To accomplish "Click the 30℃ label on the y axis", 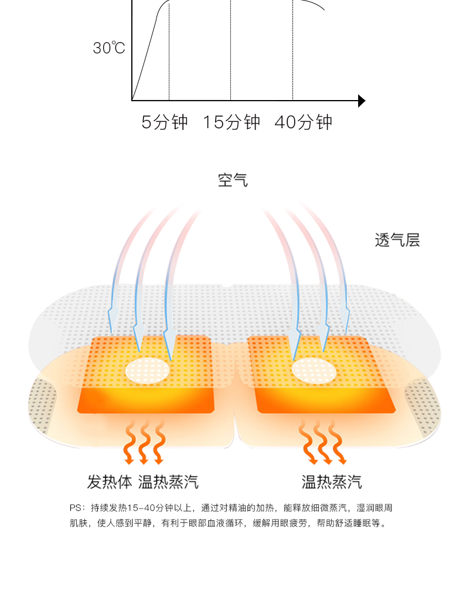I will (109, 48).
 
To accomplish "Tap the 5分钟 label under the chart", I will (165, 122).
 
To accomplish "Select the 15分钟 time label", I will (231, 122).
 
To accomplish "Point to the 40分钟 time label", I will (303, 122).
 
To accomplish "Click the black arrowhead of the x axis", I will (361, 101).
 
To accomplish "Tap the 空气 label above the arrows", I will (233, 180).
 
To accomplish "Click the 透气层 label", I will (397, 240).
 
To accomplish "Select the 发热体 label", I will (110, 482).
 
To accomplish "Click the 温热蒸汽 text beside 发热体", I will (168, 482).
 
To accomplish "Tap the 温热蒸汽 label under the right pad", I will (331, 482).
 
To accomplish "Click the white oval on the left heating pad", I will (148, 369).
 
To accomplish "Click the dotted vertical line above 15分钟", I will (230, 53).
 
